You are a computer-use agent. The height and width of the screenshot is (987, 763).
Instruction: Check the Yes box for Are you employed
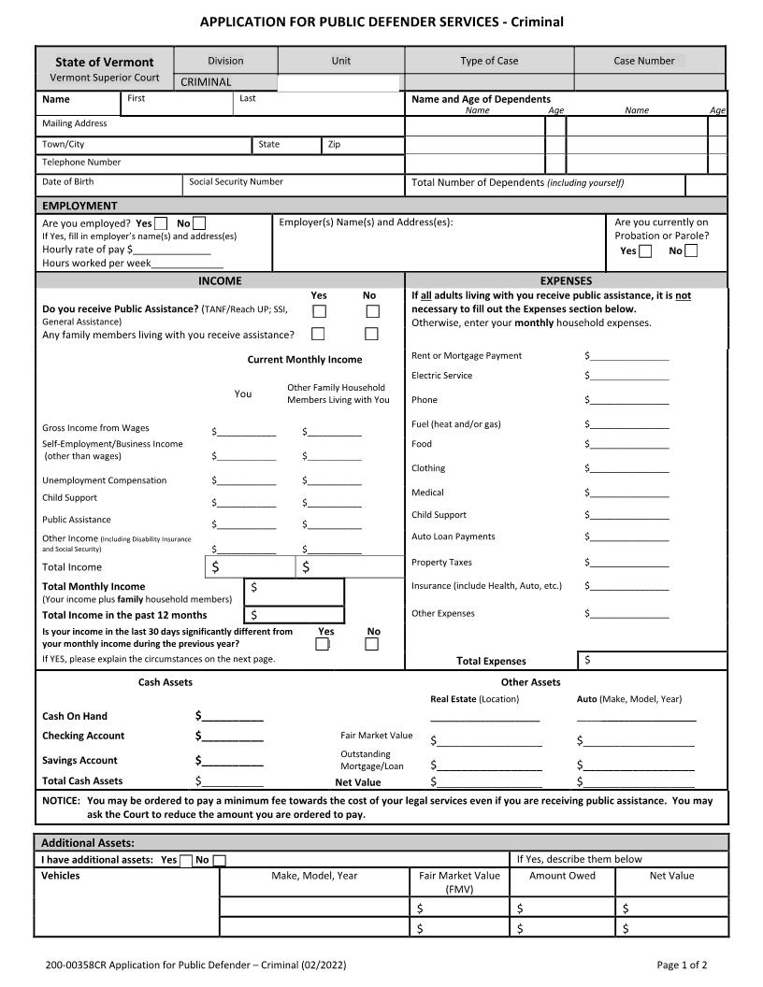pyautogui.click(x=161, y=223)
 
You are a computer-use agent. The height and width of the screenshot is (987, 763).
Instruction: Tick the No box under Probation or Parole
pyautogui.click(x=691, y=250)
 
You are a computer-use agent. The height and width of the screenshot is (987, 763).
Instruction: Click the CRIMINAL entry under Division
pyautogui.click(x=206, y=82)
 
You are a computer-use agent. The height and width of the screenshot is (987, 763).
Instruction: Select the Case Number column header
pyautogui.click(x=643, y=61)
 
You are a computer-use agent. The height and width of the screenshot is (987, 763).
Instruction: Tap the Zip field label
pyautogui.click(x=334, y=145)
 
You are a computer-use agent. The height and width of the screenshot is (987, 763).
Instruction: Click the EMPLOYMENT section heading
pyautogui.click(x=79, y=206)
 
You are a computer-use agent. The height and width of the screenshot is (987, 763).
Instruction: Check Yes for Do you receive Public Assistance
pyautogui.click(x=319, y=311)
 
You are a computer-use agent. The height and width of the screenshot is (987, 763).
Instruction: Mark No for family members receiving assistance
pyautogui.click(x=372, y=334)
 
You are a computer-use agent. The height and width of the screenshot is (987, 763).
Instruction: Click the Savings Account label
pyautogui.click(x=79, y=760)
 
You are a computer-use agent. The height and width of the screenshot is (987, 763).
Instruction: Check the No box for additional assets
pyautogui.click(x=219, y=861)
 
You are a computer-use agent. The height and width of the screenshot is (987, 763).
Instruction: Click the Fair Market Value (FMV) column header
pyautogui.click(x=458, y=882)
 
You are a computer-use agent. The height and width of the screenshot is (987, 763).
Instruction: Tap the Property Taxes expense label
pyautogui.click(x=441, y=563)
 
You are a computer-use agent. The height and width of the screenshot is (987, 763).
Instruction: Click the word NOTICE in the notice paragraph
pyautogui.click(x=61, y=801)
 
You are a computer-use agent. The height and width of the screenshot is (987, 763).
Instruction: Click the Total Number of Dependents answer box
pyautogui.click(x=706, y=184)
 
